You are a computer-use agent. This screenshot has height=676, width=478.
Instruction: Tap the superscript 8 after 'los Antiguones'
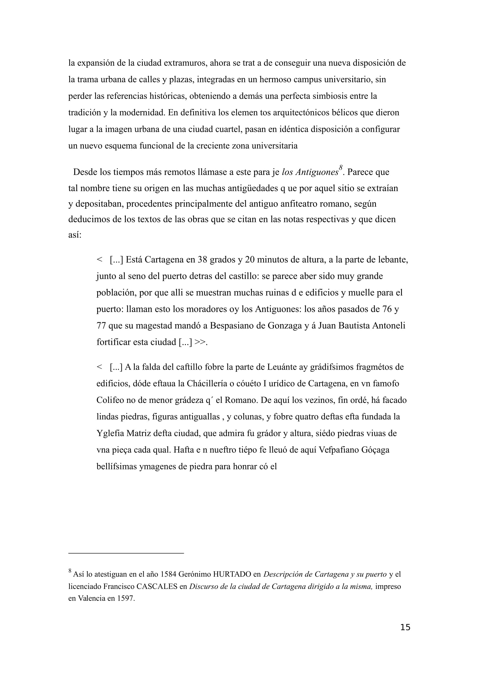click(x=340, y=168)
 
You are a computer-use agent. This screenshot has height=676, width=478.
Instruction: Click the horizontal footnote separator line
click(x=126, y=553)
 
